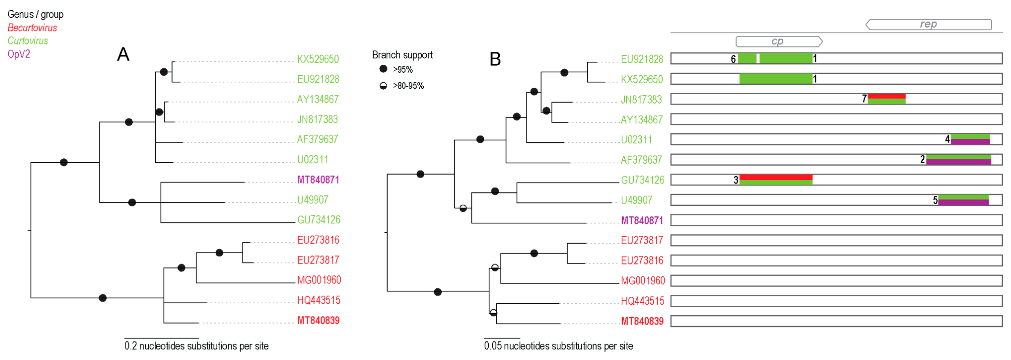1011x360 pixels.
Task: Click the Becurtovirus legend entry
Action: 32,28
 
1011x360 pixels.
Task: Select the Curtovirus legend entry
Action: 28,41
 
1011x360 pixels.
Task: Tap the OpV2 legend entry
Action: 19,54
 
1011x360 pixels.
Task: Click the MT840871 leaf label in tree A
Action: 318,180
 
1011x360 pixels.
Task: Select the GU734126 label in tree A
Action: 318,220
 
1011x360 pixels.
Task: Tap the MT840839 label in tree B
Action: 642,321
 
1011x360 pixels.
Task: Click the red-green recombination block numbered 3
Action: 776,180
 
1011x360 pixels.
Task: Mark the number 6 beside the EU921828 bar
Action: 733,59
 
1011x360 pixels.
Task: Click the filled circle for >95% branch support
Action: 383,69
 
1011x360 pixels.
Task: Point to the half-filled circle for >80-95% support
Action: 383,86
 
